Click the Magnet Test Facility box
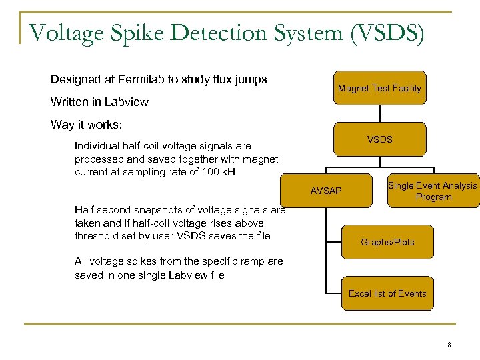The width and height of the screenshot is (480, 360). (379, 88)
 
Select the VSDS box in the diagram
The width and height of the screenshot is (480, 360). (379, 139)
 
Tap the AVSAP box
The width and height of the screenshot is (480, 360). (326, 191)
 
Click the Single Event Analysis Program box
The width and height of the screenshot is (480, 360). (433, 191)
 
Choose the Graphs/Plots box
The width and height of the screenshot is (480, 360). (387, 242)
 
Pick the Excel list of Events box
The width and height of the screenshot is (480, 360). (387, 293)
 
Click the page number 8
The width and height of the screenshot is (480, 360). (449, 345)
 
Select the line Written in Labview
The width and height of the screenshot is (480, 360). (99, 102)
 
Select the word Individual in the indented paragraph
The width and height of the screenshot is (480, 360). (97, 146)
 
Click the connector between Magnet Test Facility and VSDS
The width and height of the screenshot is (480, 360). (380, 114)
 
